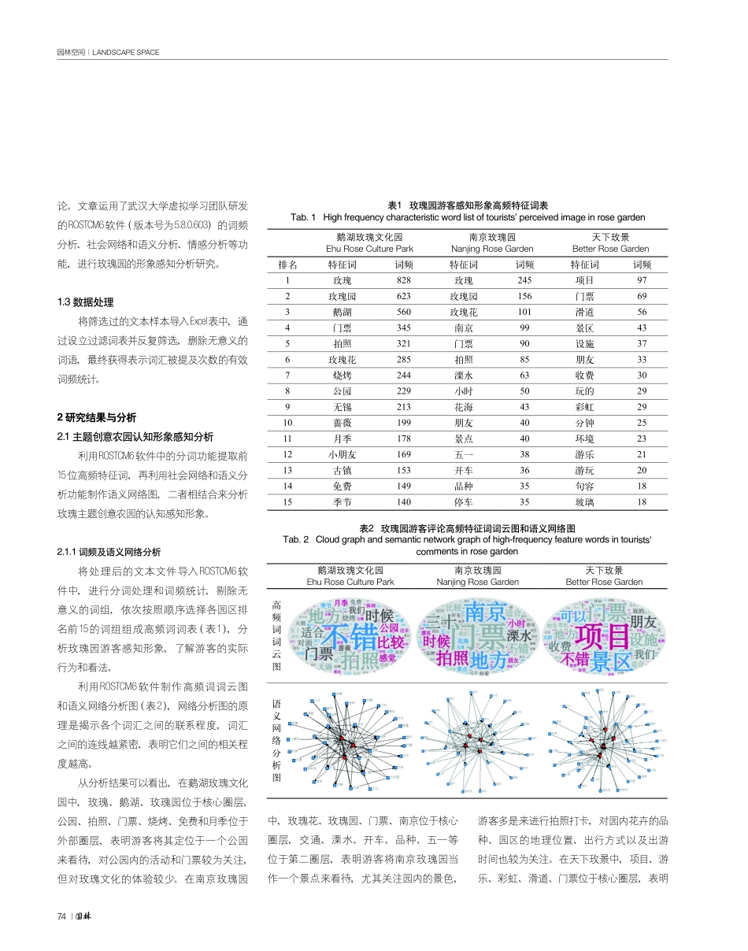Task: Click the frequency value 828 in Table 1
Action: [x=404, y=280]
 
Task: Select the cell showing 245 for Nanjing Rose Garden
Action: [x=524, y=280]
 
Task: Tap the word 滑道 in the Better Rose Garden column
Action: [x=584, y=313]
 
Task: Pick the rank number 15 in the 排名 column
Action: [x=288, y=502]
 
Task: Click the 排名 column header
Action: [x=288, y=265]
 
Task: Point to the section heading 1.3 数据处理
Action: [x=86, y=302]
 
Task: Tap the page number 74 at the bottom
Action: [x=62, y=916]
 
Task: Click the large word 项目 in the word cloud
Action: [x=602, y=635]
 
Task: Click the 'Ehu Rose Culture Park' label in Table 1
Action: [x=358, y=249]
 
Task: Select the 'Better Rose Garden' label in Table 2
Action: [x=604, y=582]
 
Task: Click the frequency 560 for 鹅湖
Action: [x=404, y=313]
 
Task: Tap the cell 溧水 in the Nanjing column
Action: [x=463, y=376]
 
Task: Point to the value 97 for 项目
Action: [x=642, y=280]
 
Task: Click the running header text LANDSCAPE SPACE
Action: [x=126, y=53]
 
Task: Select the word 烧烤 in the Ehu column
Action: [x=343, y=376]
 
